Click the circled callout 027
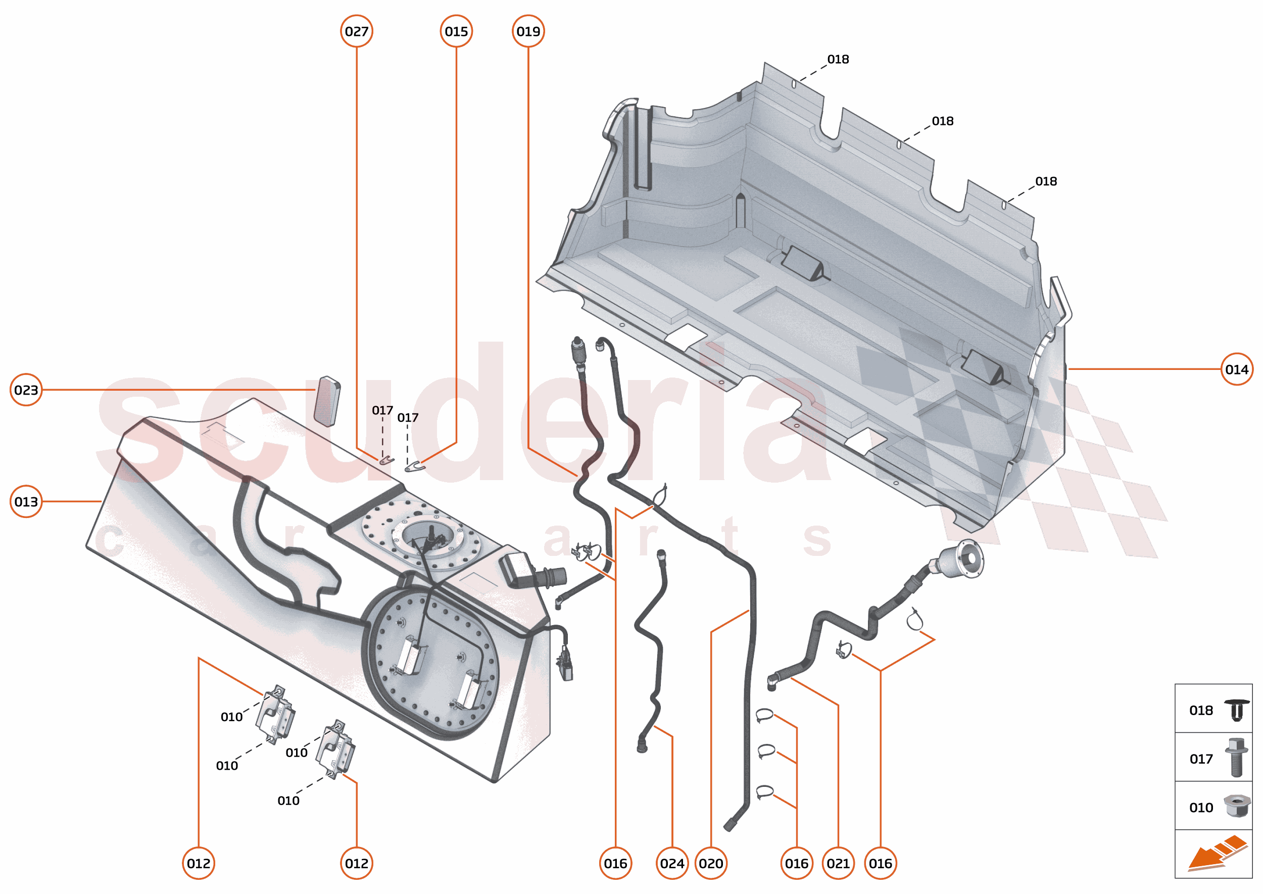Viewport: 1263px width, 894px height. [356, 31]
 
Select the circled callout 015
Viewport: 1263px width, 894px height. [456, 31]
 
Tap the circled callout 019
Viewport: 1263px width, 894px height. [528, 31]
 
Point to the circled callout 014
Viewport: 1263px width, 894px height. [1236, 369]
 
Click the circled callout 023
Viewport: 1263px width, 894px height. [26, 390]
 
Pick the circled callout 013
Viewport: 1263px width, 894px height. [26, 501]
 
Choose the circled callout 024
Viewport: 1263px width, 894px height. [672, 863]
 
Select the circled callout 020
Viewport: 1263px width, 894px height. [710, 863]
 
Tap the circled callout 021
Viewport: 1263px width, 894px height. [838, 863]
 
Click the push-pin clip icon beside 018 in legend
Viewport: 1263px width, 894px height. [1237, 710]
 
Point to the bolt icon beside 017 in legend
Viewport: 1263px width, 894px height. [1236, 758]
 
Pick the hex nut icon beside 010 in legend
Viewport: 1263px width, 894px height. [1236, 806]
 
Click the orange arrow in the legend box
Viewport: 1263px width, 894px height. [1217, 853]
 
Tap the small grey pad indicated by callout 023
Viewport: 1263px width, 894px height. [327, 401]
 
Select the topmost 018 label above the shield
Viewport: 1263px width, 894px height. [838, 60]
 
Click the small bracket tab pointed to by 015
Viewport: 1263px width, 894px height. [414, 467]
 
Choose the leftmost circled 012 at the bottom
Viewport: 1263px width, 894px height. [198, 863]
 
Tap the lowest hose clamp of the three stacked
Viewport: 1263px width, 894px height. [764, 792]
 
